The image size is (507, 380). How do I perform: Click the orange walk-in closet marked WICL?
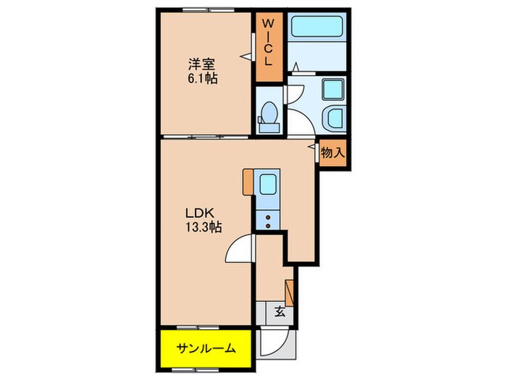pos(267,46)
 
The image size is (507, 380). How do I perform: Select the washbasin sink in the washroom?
pos(335,118)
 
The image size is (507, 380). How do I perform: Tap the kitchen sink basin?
pos(268,185)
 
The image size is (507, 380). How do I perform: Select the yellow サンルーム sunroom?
pos(206,349)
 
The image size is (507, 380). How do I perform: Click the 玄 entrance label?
pos(279,313)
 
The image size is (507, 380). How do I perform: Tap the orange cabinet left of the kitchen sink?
pos(248,182)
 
